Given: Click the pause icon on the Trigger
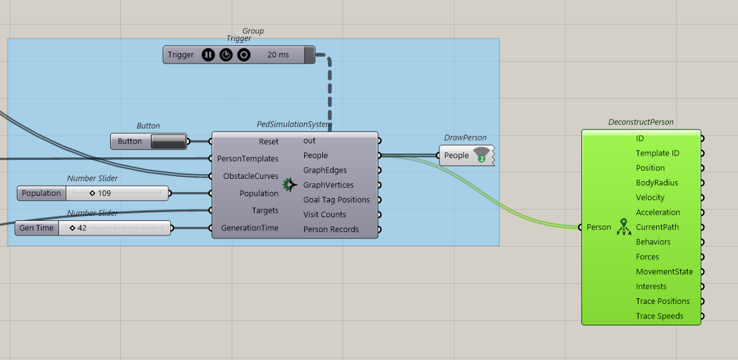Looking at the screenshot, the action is coord(208,55).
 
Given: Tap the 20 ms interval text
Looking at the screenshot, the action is coord(278,55).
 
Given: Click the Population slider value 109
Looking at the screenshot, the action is coord(104,193).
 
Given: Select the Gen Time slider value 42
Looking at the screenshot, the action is coord(81,228).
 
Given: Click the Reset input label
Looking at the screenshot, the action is coord(269,142).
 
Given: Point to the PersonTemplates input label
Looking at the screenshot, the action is coord(248,159).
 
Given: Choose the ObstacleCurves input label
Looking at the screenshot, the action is coord(251,176).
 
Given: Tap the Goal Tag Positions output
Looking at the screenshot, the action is coord(336,200).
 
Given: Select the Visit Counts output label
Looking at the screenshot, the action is coord(325,215).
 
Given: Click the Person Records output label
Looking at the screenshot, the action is coord(331,229).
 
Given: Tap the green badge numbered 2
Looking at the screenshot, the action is coord(482,159).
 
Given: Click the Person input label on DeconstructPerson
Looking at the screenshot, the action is coord(599,227).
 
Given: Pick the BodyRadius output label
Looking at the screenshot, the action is coord(657,183).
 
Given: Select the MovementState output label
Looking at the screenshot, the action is coord(664,271).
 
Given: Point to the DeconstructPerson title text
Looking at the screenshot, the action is coord(641,122).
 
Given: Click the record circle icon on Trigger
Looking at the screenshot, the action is coord(243,55).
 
